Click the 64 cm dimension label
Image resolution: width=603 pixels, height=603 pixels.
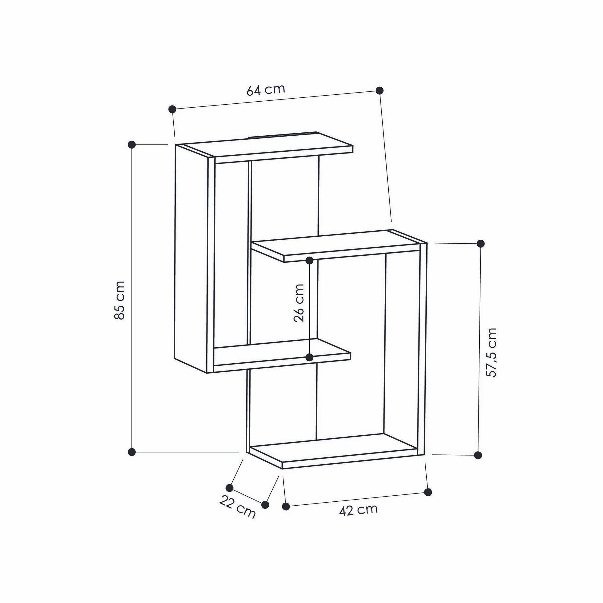(x=266, y=90)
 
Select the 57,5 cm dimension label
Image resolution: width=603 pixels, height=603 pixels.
(x=491, y=352)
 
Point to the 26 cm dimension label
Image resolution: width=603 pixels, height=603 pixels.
(x=299, y=302)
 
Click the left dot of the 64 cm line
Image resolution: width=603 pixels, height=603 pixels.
(x=172, y=109)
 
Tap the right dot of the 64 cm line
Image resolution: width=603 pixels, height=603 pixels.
(x=380, y=90)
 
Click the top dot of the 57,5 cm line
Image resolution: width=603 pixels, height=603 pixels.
(x=481, y=243)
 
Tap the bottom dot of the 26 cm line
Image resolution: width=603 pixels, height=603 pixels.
(x=309, y=357)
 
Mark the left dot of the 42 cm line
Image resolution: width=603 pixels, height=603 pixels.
(x=286, y=506)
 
